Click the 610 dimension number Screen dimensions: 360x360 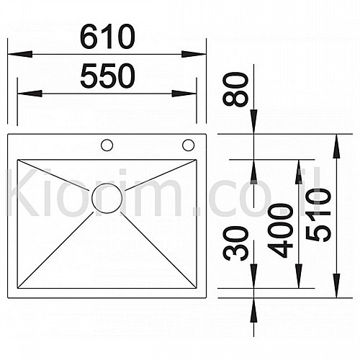click(108, 37)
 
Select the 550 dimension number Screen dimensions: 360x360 click(108, 76)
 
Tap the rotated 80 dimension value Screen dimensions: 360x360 click(235, 89)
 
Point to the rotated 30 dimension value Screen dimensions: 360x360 click(235, 243)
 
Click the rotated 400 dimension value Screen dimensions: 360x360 click(280, 230)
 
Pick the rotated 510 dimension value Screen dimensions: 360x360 click(318, 215)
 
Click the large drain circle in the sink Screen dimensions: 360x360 click(107, 198)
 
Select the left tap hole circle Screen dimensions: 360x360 click(107, 145)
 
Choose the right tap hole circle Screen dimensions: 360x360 click(189, 145)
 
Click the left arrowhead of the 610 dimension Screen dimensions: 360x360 click(20, 54)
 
